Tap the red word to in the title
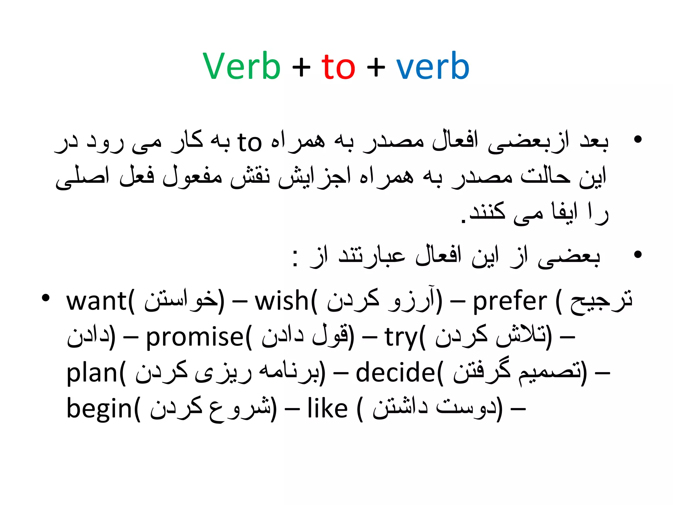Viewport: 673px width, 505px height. (338, 67)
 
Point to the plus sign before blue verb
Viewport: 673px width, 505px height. (376, 68)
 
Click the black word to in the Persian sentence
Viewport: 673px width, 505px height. (249, 142)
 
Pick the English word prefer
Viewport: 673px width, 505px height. (510, 302)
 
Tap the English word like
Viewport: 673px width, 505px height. (327, 409)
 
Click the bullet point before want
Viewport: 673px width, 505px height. (46, 298)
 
